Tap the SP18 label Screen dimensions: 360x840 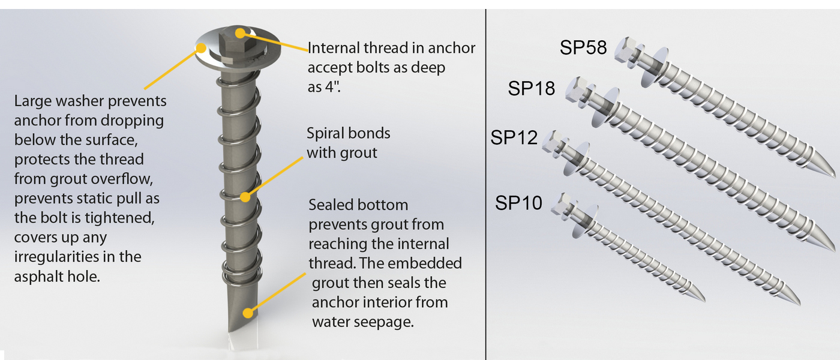click(x=532, y=88)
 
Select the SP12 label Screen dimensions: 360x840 click(x=514, y=137)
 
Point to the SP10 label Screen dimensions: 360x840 click(x=518, y=203)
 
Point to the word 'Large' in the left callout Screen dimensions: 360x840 click(x=32, y=101)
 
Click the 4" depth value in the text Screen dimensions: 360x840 click(x=332, y=87)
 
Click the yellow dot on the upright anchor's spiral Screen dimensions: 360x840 click(x=245, y=196)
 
